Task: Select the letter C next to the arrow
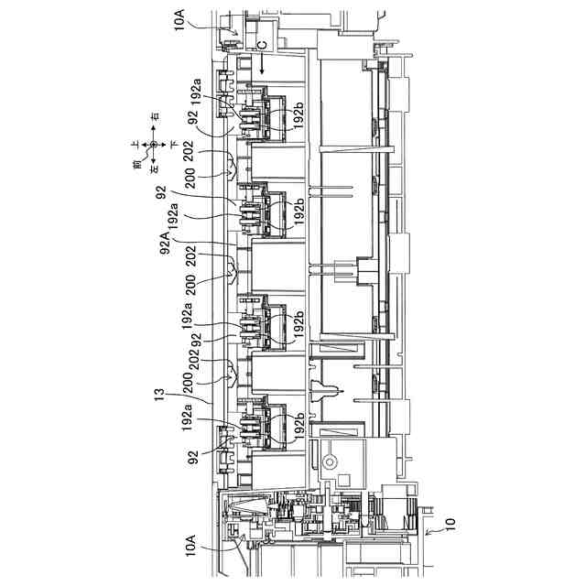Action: click(x=261, y=43)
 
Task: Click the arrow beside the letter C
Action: click(x=261, y=62)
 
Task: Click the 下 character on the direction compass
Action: click(x=173, y=145)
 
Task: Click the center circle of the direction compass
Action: click(x=155, y=145)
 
